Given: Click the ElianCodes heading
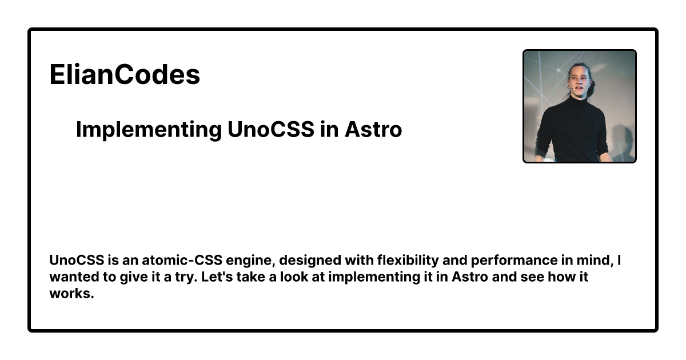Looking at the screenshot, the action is click(125, 74).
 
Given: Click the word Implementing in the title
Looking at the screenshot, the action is click(149, 130).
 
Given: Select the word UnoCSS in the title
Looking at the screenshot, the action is click(271, 129).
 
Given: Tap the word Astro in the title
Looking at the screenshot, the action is click(373, 129).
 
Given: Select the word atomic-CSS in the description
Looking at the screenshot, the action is click(182, 260).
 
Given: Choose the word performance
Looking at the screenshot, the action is click(514, 261).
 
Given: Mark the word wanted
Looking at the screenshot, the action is click(74, 277).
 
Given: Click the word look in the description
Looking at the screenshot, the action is click(294, 277).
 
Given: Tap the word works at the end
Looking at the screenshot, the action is click(71, 293).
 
